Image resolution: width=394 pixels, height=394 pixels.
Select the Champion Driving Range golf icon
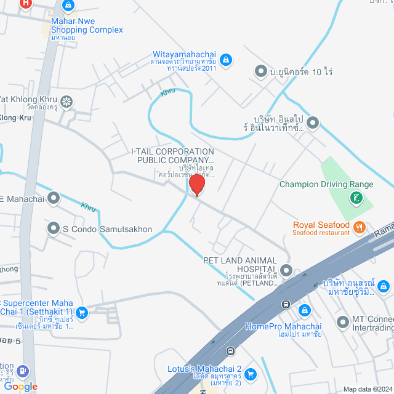356,198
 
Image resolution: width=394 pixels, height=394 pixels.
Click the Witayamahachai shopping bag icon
226,59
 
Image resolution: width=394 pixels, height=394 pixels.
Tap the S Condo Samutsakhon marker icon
54,229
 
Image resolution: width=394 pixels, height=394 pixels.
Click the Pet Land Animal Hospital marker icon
286,270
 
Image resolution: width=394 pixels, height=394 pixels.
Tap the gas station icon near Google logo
23,371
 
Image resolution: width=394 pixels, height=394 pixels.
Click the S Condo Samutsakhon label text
107,229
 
